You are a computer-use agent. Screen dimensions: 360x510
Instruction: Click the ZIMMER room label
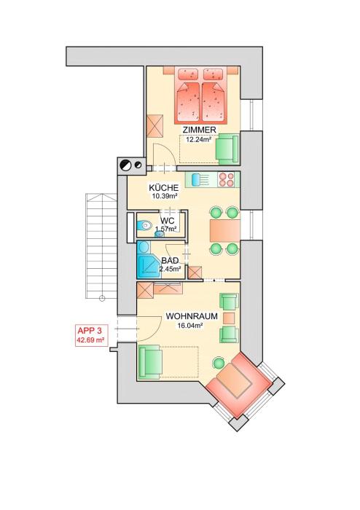tap(200, 130)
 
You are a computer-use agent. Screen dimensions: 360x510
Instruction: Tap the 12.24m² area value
tap(199, 140)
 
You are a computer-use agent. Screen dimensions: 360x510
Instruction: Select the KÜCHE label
tap(164, 188)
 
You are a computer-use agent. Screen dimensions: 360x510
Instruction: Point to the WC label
tap(167, 221)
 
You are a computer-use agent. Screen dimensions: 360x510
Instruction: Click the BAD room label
tap(170, 261)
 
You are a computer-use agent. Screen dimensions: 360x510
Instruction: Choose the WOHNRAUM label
tap(192, 316)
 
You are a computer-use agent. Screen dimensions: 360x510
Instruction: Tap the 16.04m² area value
tap(190, 325)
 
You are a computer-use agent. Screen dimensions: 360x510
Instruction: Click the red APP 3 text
tap(90, 331)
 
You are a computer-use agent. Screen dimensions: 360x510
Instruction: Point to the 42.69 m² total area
tap(91, 340)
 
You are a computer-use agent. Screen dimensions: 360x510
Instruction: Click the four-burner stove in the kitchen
tap(227, 179)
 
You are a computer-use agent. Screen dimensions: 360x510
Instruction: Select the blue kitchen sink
tap(196, 179)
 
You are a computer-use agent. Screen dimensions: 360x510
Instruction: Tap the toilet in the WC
tap(144, 224)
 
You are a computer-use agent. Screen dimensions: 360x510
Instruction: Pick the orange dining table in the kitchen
tap(224, 230)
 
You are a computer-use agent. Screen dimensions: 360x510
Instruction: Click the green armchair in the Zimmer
tap(228, 149)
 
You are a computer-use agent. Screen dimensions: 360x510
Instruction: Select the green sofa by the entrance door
tap(150, 362)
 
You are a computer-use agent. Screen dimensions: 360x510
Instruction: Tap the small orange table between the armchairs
tap(229, 318)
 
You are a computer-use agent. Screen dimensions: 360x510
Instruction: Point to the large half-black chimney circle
tap(126, 165)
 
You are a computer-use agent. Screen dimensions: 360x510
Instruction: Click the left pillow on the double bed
tap(187, 74)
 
